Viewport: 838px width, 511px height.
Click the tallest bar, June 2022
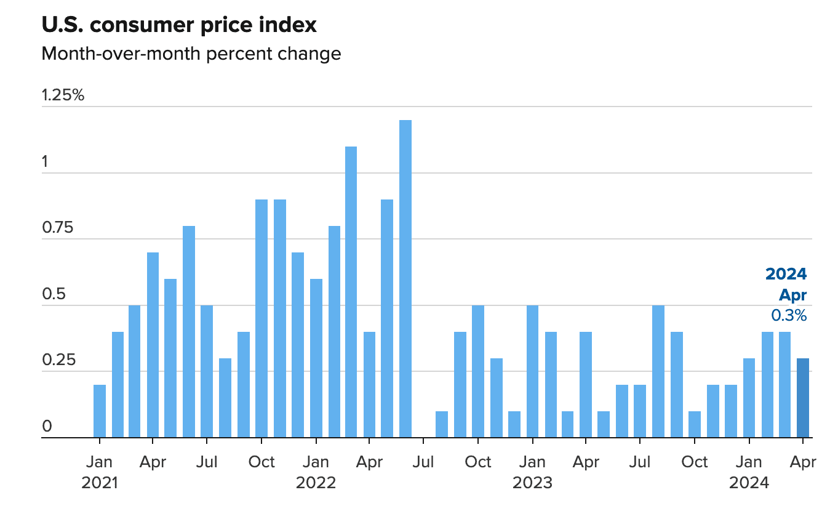coord(405,278)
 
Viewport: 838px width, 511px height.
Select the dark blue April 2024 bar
coord(803,398)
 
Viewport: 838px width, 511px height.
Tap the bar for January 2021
coord(100,411)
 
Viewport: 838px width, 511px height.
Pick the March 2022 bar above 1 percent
coord(351,292)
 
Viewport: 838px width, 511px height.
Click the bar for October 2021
coord(261,318)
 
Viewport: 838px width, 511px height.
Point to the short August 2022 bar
coord(441,425)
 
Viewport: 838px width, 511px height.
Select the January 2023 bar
coord(532,371)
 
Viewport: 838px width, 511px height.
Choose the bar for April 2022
coord(369,384)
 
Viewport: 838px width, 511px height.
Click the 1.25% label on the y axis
coord(63,95)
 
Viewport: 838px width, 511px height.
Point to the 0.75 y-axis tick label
coord(58,227)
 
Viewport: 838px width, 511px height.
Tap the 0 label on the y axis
coord(47,426)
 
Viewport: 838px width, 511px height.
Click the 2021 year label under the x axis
coord(100,483)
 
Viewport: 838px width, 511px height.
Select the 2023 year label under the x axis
coord(532,483)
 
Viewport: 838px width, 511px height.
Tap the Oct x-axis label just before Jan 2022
coord(261,462)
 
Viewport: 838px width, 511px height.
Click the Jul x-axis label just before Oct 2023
coord(640,462)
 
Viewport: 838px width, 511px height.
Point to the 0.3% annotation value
coord(789,315)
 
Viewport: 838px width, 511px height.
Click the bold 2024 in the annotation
coord(786,274)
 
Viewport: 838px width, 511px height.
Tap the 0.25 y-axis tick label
coord(58,360)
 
